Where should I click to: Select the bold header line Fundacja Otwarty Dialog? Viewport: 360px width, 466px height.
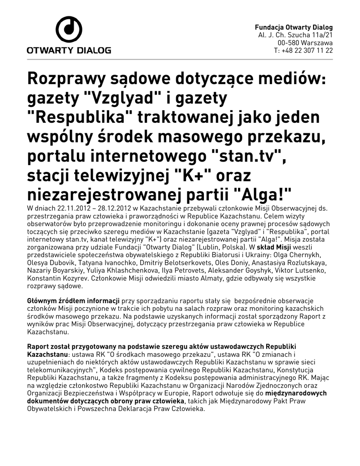coord(294,27)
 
